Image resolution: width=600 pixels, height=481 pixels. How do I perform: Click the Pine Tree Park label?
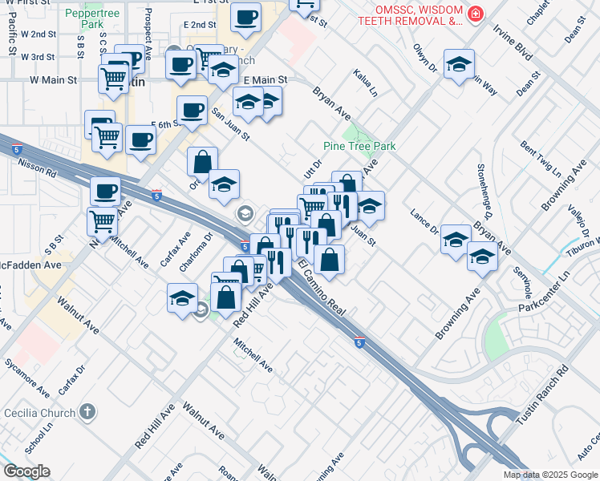pos(359,147)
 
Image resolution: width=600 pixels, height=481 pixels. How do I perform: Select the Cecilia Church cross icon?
pos(87,413)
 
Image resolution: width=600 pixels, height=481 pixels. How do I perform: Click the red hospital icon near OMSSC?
pos(476,14)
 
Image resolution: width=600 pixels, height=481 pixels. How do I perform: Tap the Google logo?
pos(26,471)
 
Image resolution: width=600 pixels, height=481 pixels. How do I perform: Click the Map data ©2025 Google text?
pos(549,475)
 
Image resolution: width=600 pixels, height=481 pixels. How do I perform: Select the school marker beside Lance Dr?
pos(456,240)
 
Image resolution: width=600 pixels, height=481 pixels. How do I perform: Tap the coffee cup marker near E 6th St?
pos(191,111)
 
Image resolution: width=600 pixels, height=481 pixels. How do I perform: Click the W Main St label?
pos(53,80)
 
